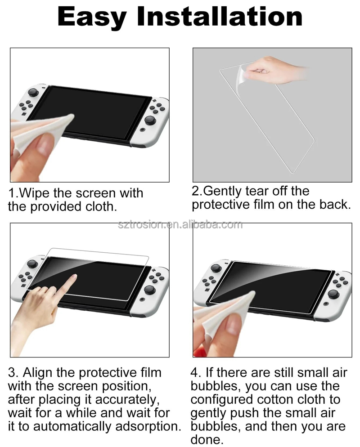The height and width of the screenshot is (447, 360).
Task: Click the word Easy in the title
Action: tap(92, 17)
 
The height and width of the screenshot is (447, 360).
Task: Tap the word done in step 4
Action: tap(206, 440)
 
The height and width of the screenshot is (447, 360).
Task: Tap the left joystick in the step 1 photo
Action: tap(33, 92)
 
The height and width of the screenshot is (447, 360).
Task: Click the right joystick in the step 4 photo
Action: tap(333, 294)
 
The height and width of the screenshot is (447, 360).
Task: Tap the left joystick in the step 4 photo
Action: tap(216, 268)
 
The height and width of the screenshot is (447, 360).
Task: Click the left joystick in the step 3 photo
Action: tap(32, 264)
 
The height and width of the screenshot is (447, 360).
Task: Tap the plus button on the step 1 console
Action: tap(154, 100)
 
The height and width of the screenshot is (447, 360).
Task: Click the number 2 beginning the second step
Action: tap(196, 191)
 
